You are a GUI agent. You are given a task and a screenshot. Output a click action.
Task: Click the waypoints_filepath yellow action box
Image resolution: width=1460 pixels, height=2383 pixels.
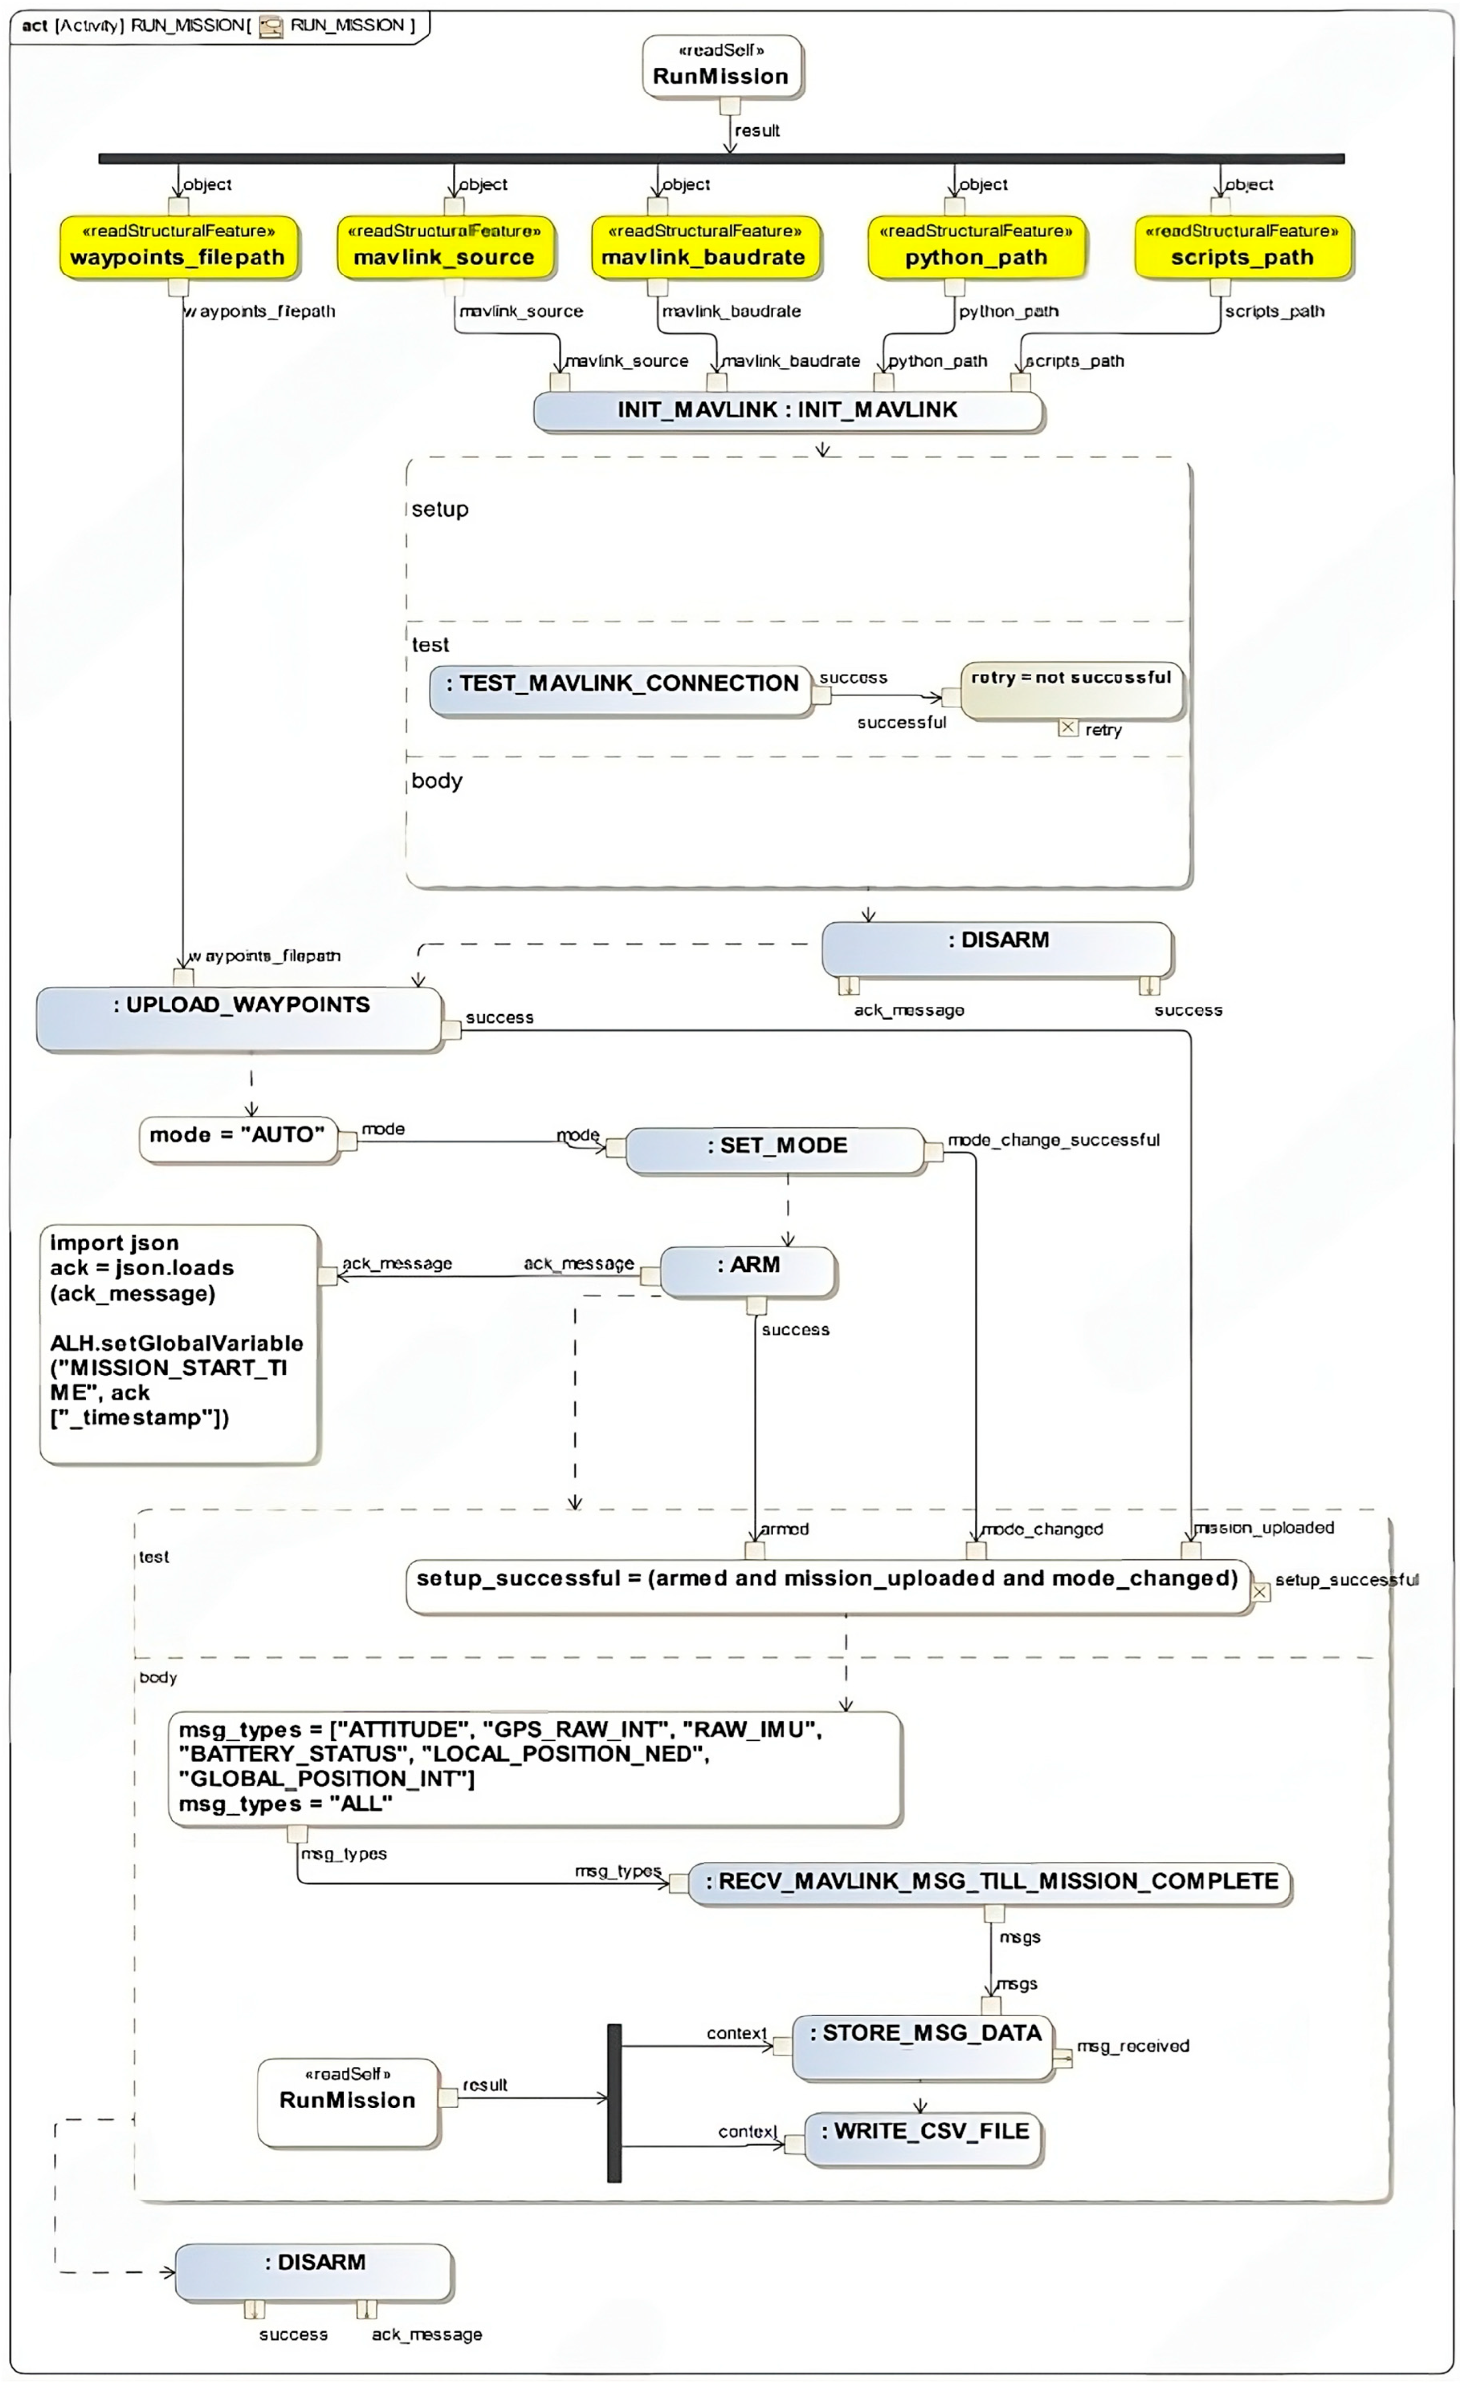178,248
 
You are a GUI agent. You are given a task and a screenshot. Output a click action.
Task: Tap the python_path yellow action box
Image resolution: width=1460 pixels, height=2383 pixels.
976,248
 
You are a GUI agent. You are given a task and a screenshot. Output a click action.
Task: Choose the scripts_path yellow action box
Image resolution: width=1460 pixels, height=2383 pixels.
1242,248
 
